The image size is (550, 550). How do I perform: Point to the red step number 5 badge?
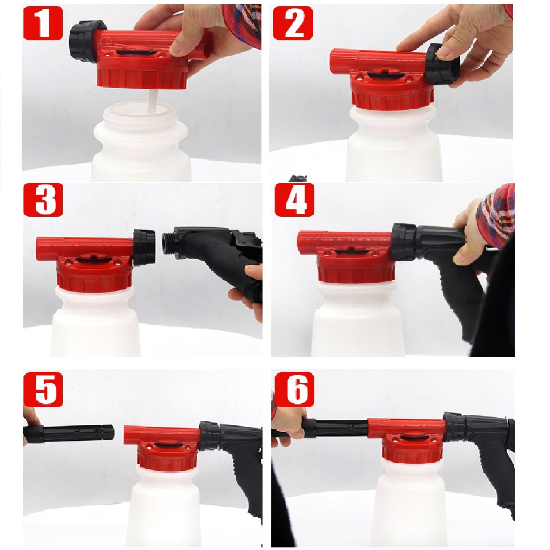43,388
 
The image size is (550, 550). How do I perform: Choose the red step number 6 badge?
294,388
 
